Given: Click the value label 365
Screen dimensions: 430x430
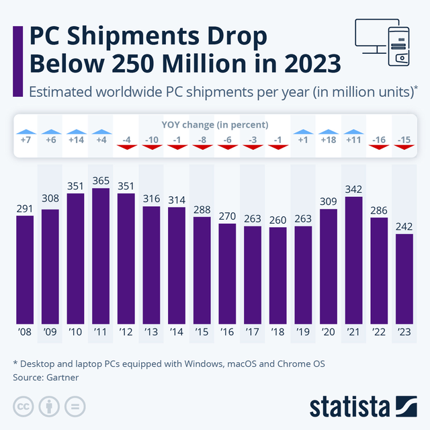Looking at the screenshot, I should (x=101, y=181).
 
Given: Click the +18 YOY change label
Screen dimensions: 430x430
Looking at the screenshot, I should (x=329, y=140).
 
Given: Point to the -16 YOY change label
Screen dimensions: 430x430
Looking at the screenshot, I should (x=379, y=140).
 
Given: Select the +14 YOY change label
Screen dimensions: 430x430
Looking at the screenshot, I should (x=75, y=140).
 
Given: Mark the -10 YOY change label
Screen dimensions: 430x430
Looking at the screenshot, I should (x=152, y=140).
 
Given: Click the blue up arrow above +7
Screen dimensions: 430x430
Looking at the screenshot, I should (x=25, y=132).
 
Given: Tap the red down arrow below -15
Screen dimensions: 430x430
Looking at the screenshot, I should (x=404, y=147).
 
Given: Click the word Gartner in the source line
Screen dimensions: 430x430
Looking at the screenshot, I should (x=62, y=378).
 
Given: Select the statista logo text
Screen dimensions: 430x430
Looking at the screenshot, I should (x=349, y=406).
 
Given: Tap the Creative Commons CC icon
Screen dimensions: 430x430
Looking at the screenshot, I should (x=23, y=406).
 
